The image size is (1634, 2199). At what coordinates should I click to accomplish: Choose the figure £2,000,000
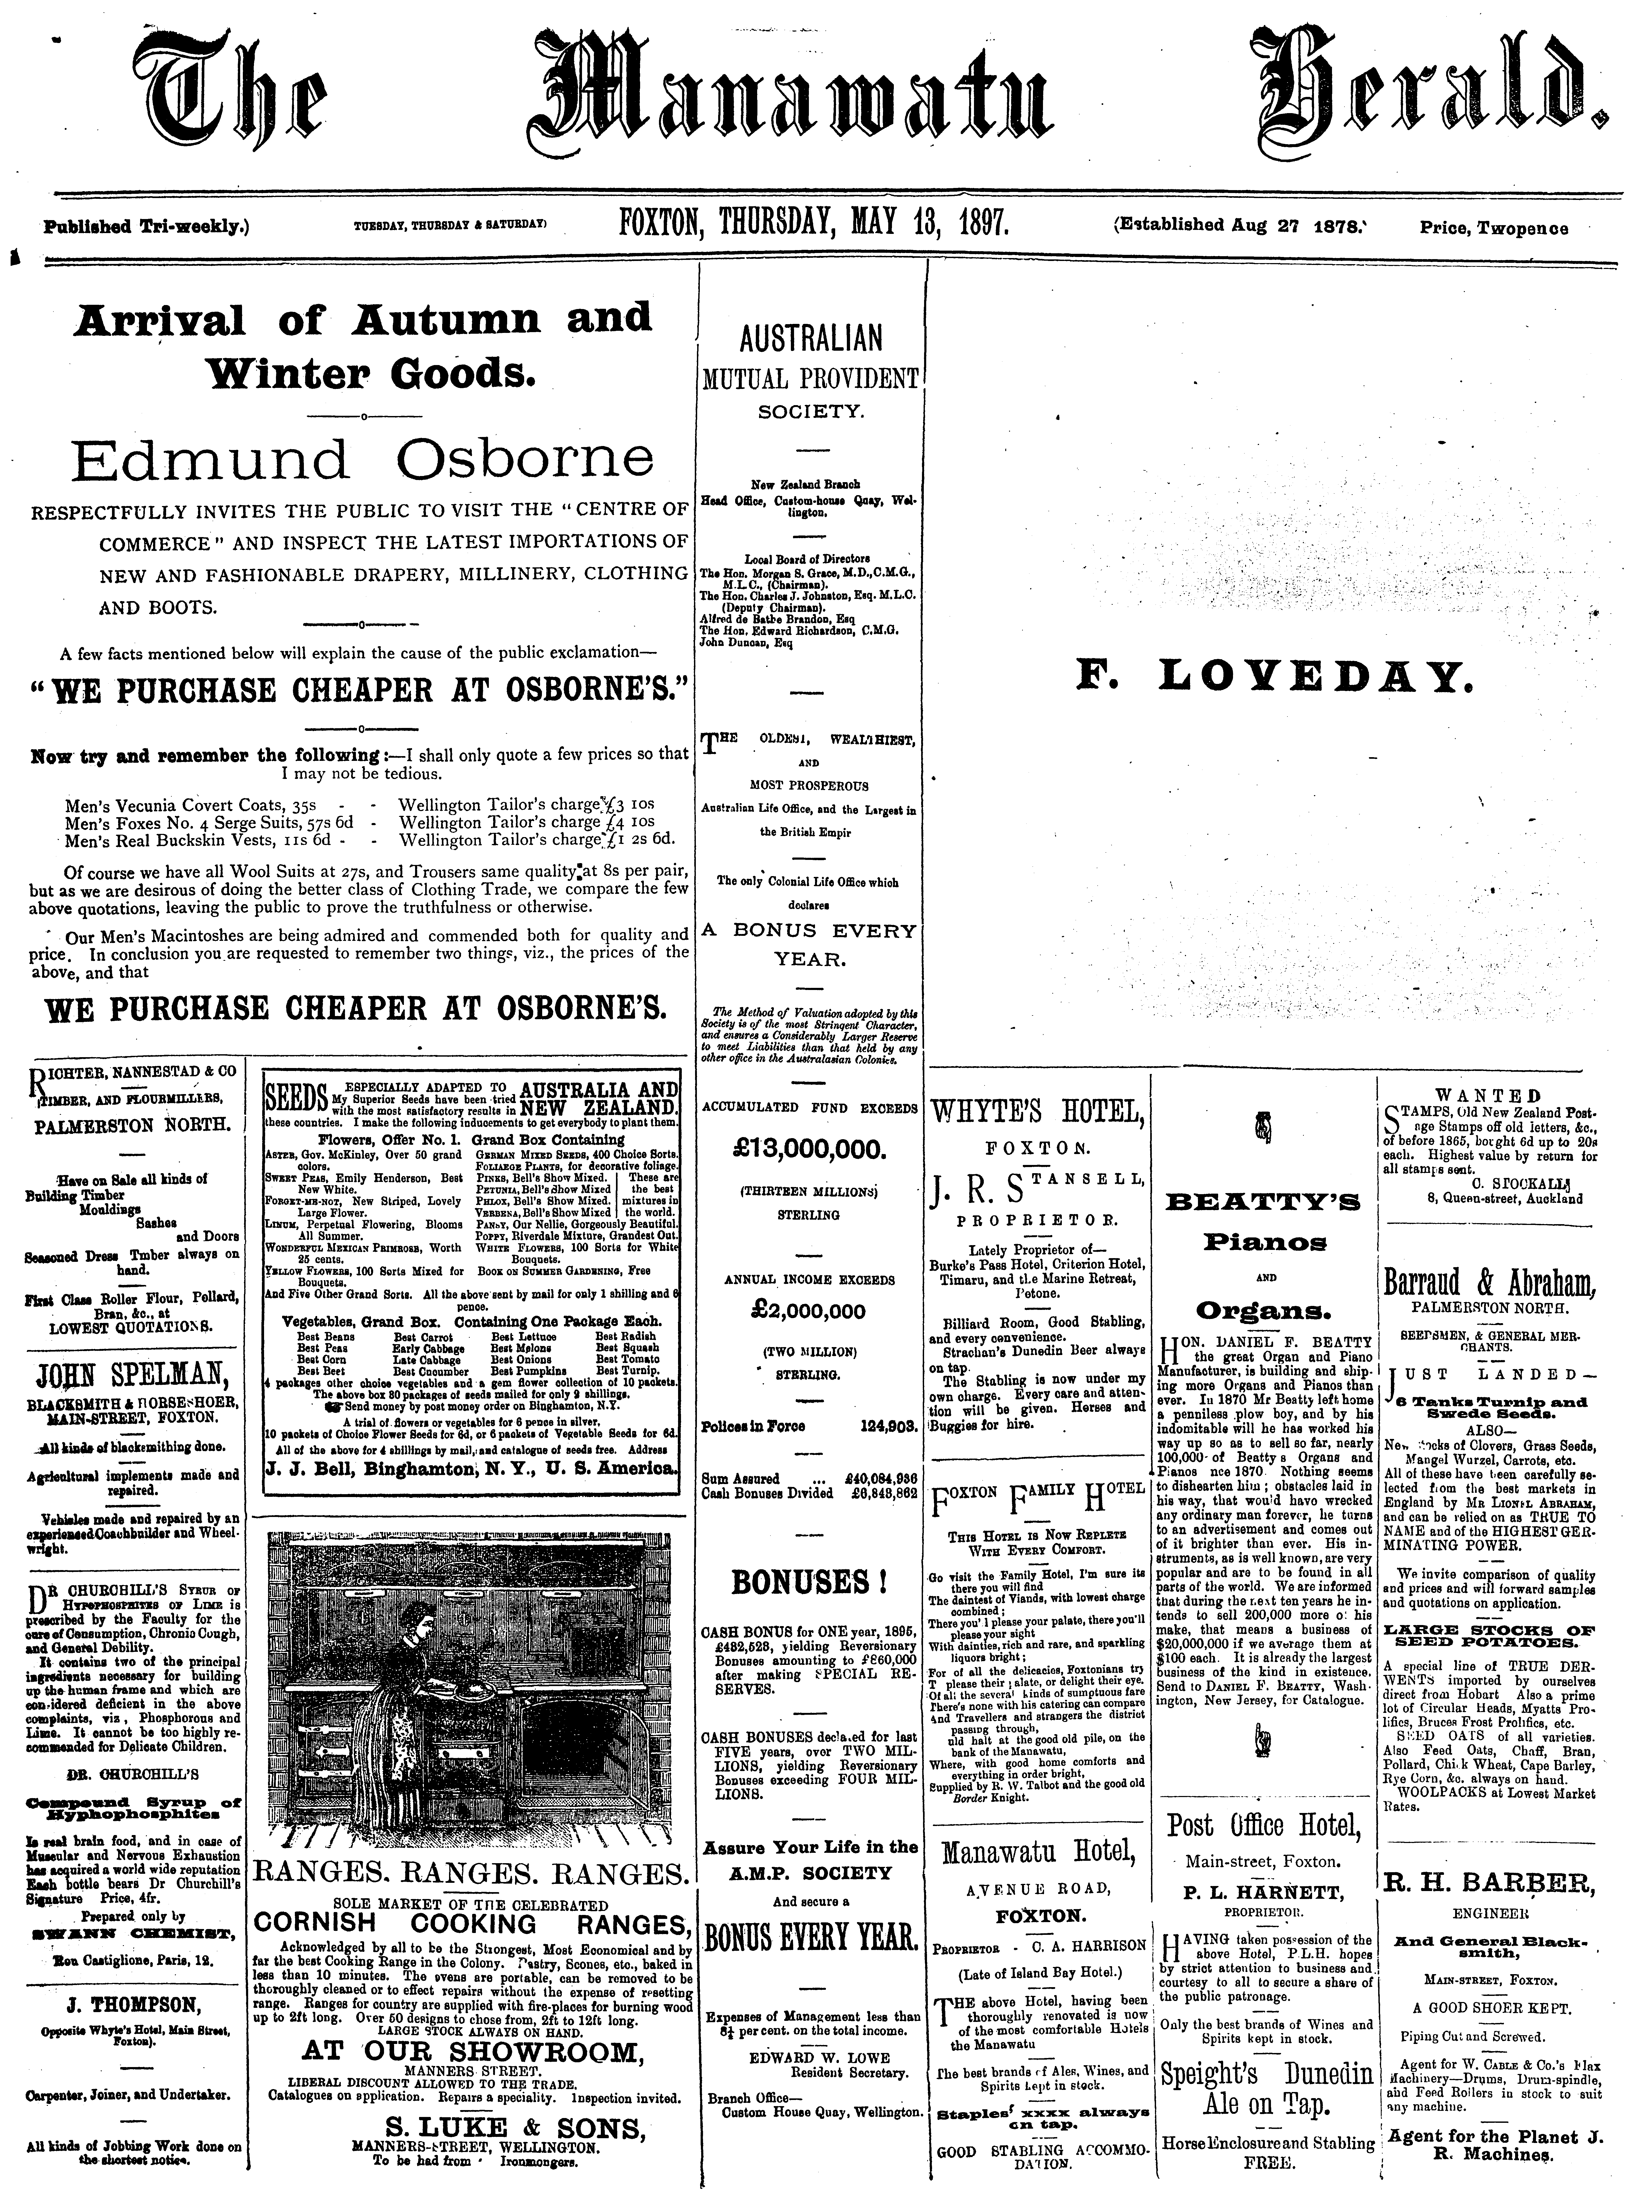(808, 1312)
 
